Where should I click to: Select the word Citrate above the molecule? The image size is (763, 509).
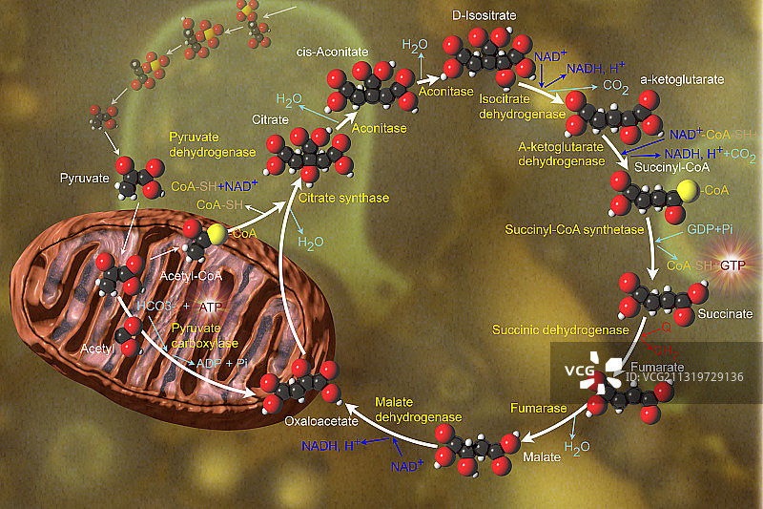point(269,121)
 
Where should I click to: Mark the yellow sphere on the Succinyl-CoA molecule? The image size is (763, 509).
point(687,190)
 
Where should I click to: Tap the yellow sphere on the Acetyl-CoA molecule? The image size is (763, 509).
point(217,234)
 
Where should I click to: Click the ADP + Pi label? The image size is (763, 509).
point(221,363)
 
